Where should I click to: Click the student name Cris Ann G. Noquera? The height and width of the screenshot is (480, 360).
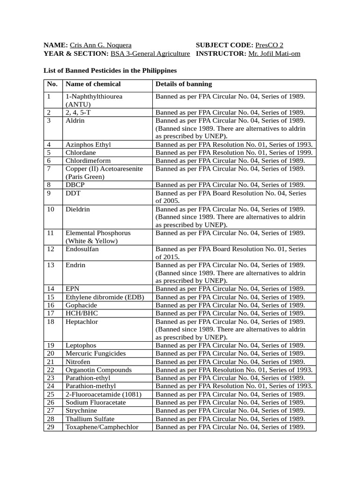100,45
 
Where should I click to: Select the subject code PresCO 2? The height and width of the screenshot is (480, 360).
269,45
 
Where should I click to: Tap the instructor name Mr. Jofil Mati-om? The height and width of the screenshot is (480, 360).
274,54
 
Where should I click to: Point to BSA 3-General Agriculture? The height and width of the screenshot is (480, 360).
150,54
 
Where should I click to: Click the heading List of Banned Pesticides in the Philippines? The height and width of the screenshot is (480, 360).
110,70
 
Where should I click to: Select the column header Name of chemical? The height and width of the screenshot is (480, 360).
93,84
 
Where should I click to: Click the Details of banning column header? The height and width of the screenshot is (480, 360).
184,84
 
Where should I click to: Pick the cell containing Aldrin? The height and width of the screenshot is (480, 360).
75,120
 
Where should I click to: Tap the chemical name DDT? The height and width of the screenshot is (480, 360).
73,193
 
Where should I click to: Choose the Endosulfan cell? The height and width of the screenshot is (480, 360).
82,249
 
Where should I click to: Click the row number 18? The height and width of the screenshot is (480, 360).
51,322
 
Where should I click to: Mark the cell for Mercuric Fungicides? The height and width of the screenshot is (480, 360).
96,353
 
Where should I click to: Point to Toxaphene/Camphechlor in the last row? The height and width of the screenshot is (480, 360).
102,427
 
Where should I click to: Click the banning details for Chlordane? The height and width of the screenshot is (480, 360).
234,153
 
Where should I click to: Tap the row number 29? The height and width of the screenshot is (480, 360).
51,427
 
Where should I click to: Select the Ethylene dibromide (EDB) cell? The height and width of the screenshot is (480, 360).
105,297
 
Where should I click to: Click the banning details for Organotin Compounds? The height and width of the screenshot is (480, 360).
234,370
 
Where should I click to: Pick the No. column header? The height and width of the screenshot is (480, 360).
52,84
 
